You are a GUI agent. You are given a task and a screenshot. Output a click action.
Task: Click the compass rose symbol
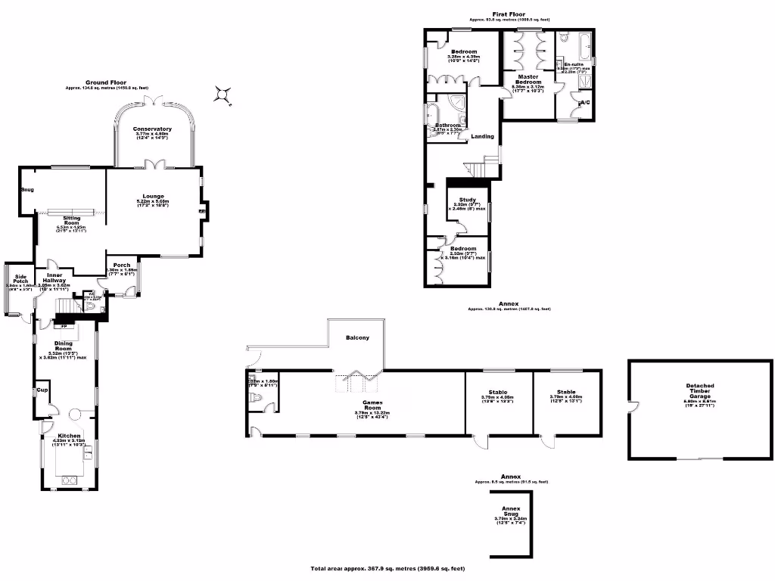223,95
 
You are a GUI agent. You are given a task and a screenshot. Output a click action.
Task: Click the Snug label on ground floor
27,190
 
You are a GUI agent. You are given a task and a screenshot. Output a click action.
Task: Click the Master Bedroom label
528,82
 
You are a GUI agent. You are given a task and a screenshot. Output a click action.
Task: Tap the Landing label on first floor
483,137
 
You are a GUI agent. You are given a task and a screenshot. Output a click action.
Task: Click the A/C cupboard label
584,102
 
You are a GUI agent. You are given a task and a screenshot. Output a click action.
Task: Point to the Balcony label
357,337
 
